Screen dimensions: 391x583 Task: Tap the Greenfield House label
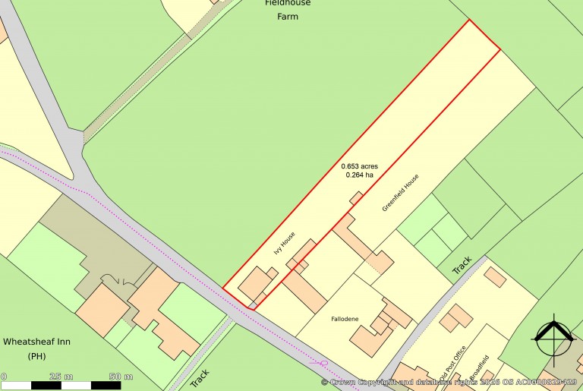(400, 194)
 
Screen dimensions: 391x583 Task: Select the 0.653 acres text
(359, 166)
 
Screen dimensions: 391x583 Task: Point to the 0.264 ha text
(359, 175)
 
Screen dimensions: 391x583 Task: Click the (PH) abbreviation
(36, 356)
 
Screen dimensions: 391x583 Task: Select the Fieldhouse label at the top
(288, 3)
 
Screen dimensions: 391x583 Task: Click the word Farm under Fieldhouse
(288, 17)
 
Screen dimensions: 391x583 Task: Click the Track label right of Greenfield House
(462, 264)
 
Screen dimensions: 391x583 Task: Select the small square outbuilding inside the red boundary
(355, 198)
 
